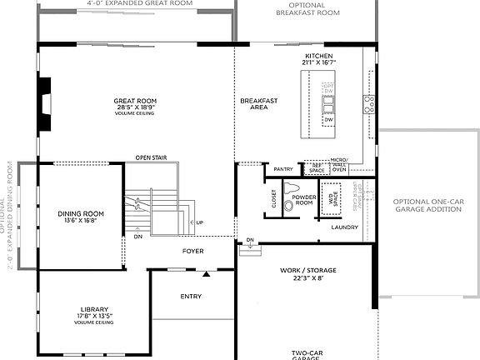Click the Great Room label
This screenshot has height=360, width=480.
134,101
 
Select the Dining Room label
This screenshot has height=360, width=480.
80,214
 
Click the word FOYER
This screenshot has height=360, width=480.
193,250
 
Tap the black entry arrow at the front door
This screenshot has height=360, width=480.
206,272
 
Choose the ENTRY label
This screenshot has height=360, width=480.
191,296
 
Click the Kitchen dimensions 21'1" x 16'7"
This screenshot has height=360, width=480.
318,62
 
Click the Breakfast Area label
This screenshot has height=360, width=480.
257,104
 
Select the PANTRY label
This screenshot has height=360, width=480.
283,168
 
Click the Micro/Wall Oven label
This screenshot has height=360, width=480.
338,167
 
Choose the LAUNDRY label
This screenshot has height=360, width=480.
344,226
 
